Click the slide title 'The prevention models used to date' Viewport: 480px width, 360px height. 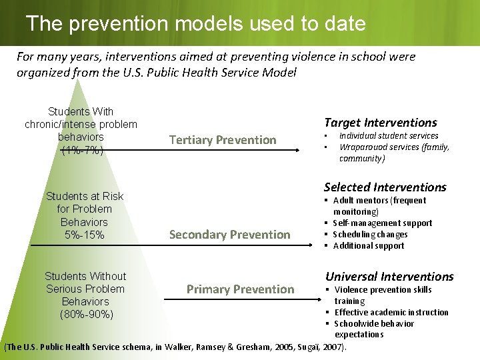point(196,24)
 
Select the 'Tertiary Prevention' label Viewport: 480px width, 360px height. point(223,139)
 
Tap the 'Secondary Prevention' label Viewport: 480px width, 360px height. point(229,234)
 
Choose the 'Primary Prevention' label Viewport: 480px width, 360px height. point(240,289)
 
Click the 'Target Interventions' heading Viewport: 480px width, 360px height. point(380,122)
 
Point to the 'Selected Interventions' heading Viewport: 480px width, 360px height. point(385,187)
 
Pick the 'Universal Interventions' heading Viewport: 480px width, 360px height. point(389,276)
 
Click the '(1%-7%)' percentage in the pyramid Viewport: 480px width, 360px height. point(81,150)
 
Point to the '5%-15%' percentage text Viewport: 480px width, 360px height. point(84,235)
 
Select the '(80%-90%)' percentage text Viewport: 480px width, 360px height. point(86,314)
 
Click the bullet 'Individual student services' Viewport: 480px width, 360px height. point(389,136)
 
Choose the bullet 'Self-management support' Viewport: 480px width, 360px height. point(382,223)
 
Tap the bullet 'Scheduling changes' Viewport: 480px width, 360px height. point(370,235)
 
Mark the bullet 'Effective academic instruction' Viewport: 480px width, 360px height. point(391,312)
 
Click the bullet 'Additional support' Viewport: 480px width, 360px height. point(368,246)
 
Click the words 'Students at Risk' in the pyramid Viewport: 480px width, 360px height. point(85,196)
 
